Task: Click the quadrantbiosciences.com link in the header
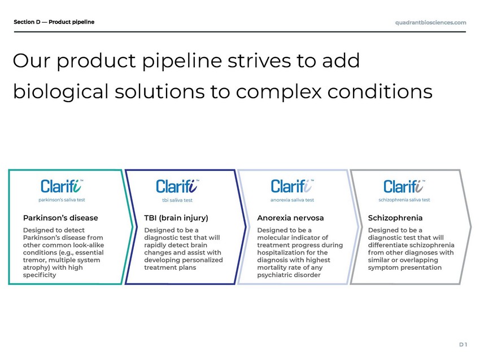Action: click(430, 23)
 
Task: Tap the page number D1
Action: click(463, 345)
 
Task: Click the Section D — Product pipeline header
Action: click(54, 22)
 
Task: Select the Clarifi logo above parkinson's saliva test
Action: click(62, 186)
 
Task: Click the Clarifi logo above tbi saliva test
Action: click(177, 186)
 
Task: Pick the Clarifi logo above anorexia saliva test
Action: click(292, 186)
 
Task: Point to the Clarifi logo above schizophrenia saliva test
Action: click(404, 186)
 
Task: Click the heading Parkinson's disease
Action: click(60, 218)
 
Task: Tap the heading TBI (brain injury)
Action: click(176, 218)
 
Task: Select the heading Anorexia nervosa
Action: click(290, 218)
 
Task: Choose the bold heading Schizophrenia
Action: click(395, 218)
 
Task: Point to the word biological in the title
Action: click(60, 92)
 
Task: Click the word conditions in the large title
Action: click(380, 91)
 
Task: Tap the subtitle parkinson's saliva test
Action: click(62, 200)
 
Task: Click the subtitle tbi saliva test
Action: click(177, 200)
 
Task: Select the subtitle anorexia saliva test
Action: click(292, 200)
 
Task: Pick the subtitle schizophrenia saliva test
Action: click(404, 200)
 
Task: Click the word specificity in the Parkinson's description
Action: click(40, 275)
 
